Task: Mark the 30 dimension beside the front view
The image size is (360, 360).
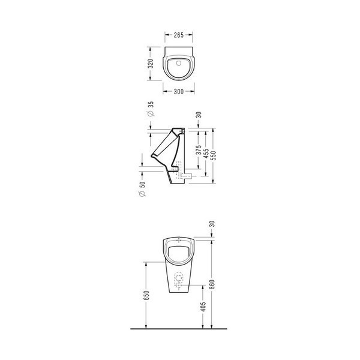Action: coord(212,227)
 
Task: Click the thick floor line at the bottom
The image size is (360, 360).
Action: coord(180,330)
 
